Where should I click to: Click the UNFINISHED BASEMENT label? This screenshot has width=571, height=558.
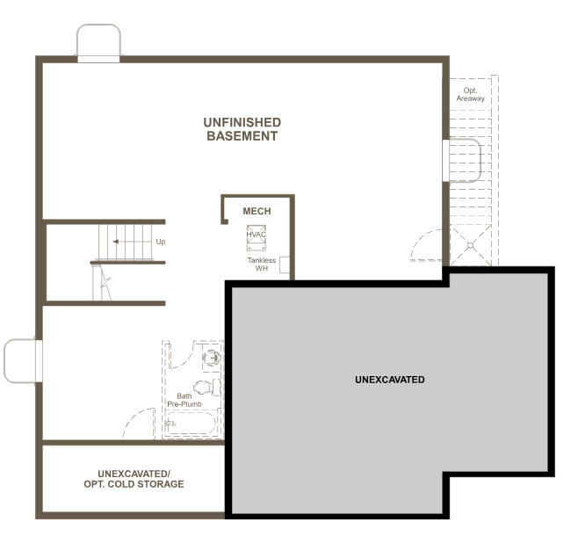(242, 129)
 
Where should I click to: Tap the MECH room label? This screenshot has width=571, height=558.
(257, 211)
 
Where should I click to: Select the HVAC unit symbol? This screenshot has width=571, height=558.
(257, 238)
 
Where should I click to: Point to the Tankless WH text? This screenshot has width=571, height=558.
(261, 264)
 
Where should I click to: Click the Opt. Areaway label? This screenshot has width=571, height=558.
(470, 94)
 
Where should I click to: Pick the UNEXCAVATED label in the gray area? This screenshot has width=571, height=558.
(389, 380)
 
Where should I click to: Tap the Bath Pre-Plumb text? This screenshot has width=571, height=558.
(184, 400)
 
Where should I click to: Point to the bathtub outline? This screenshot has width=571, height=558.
(192, 424)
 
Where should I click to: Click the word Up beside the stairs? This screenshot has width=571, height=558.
(160, 242)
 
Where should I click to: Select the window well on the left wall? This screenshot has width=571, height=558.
(22, 361)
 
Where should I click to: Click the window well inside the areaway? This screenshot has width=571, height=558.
(463, 160)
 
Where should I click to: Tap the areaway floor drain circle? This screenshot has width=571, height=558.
(470, 245)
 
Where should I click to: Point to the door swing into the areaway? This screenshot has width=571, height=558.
(429, 245)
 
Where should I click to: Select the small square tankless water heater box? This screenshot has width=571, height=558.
(285, 266)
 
